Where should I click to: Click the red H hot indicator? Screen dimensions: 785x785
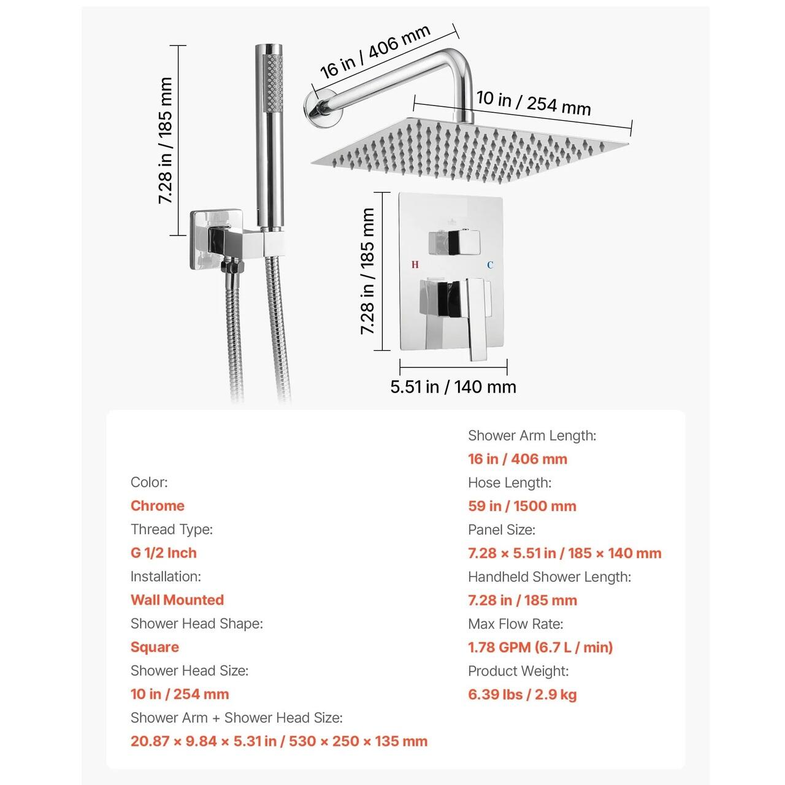pos(415,264)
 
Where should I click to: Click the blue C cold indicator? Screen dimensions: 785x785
pos(490,265)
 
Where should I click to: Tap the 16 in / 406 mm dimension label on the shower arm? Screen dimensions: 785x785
pos(375,52)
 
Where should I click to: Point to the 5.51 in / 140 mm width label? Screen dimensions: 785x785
pos(453,386)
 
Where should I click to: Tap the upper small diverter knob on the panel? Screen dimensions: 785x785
pos(454,243)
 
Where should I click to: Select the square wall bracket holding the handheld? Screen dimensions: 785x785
pos(216,240)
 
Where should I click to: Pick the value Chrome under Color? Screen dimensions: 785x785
pos(158,505)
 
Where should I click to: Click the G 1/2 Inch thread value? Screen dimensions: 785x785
pos(164,553)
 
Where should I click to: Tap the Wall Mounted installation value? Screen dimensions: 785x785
pos(178,600)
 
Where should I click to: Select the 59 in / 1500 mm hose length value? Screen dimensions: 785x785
pos(523,506)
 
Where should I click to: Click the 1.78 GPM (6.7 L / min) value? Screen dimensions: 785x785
pos(540,647)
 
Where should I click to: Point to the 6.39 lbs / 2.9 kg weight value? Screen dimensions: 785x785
pos(523,694)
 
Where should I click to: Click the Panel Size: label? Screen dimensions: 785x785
pos(502,530)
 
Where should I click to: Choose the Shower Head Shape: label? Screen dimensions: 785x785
pos(197,623)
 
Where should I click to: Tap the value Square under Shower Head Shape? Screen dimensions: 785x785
pos(155,647)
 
